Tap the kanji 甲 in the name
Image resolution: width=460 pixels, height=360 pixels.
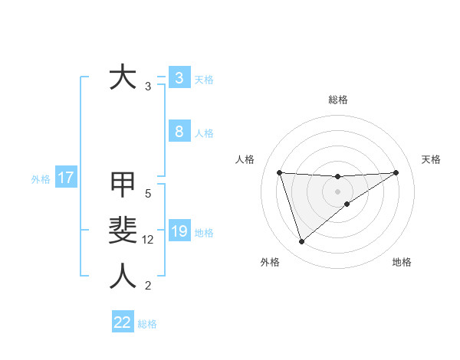pyautogui.click(x=123, y=184)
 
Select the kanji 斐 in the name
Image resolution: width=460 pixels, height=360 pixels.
pyautogui.click(x=123, y=230)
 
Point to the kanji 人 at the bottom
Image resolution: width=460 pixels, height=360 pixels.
pyautogui.click(x=123, y=276)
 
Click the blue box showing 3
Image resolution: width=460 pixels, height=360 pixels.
pyautogui.click(x=179, y=78)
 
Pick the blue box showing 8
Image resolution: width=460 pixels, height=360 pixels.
pyautogui.click(x=179, y=132)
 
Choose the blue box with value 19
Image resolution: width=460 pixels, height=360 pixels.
pyautogui.click(x=179, y=232)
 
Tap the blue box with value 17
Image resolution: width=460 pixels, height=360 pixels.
pyautogui.click(x=65, y=178)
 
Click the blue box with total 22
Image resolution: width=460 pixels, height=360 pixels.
pyautogui.click(x=123, y=322)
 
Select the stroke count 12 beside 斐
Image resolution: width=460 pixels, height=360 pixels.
pyautogui.click(x=149, y=240)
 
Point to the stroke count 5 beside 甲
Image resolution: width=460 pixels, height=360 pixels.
pyautogui.click(x=148, y=194)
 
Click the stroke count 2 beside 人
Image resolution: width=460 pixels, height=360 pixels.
pyautogui.click(x=148, y=286)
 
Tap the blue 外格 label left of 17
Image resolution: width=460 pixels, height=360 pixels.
pyautogui.click(x=41, y=179)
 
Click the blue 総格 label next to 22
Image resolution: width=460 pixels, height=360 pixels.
pyautogui.click(x=147, y=324)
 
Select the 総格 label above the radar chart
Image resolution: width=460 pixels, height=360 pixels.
pyautogui.click(x=337, y=100)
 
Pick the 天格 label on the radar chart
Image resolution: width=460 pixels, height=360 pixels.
pyautogui.click(x=431, y=159)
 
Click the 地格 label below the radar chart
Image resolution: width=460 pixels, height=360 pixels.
pyautogui.click(x=402, y=262)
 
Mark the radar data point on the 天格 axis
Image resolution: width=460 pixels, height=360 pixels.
pyautogui.click(x=396, y=172)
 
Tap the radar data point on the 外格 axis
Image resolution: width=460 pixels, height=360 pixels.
pyautogui.click(x=301, y=242)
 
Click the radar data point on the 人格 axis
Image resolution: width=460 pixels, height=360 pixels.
pyautogui.click(x=279, y=172)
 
